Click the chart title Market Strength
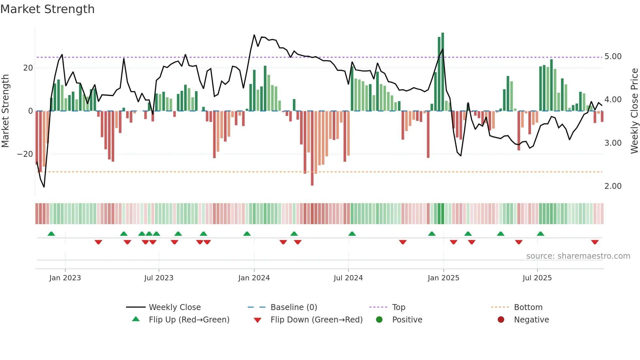(x=47, y=9)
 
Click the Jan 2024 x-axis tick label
(x=254, y=278)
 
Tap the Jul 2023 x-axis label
(x=159, y=278)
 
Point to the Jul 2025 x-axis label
(x=537, y=278)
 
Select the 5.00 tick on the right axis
(x=613, y=57)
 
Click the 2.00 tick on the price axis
(x=613, y=186)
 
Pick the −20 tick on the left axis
(x=25, y=154)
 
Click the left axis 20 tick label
(x=28, y=68)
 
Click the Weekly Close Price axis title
(x=634, y=111)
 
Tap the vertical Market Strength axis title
(x=5, y=111)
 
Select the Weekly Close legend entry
(x=174, y=307)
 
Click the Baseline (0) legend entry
(x=294, y=307)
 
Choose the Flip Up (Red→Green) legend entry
(x=189, y=320)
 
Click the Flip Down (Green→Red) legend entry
(x=316, y=320)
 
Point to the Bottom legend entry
(x=528, y=307)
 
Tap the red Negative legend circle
(x=501, y=320)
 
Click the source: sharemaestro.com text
(x=578, y=256)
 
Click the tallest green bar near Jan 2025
(x=442, y=72)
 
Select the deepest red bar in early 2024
(x=312, y=149)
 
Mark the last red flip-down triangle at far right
(x=595, y=242)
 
